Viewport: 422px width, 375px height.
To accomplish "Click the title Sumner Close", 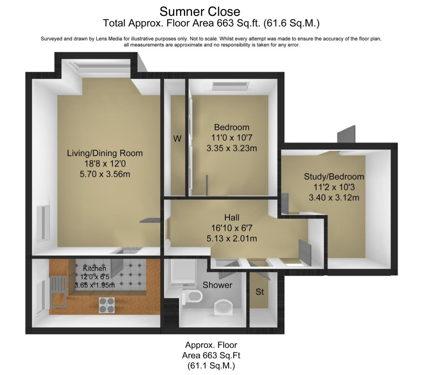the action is [200, 12].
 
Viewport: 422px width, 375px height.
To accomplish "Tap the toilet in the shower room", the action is [193, 296].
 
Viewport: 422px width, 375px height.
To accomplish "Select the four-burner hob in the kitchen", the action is [107, 305].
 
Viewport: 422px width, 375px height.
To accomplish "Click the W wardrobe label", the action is [177, 139].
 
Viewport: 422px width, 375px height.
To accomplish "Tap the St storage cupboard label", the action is [260, 292].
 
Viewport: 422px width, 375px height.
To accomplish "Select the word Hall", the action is [232, 217].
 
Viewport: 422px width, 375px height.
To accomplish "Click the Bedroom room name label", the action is [232, 127].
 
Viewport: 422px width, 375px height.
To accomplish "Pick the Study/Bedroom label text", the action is [334, 176].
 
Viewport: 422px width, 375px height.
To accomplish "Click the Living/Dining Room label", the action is [105, 153].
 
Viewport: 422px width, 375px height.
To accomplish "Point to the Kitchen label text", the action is [94, 268].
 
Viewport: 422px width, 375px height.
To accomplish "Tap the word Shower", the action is [217, 285].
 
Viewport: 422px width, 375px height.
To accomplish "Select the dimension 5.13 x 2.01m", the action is [232, 238].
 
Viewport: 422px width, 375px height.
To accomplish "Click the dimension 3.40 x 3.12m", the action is [334, 198].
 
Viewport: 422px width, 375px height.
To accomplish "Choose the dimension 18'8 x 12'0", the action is [105, 164].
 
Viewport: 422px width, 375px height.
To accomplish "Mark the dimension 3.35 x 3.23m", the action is [232, 148].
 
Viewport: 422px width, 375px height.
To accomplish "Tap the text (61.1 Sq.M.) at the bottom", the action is [211, 366].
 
